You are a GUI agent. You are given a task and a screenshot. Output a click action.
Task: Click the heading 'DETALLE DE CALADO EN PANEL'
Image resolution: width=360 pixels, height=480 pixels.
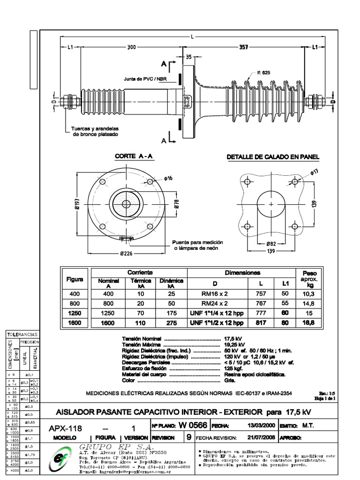[x=273, y=157]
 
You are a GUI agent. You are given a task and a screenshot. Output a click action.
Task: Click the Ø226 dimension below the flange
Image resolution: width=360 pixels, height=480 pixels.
[x=126, y=254]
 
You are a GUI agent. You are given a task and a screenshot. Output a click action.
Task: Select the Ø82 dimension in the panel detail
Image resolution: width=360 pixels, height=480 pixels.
[x=271, y=244]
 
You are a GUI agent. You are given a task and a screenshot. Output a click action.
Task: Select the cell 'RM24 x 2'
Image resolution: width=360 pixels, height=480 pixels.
[x=215, y=303]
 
